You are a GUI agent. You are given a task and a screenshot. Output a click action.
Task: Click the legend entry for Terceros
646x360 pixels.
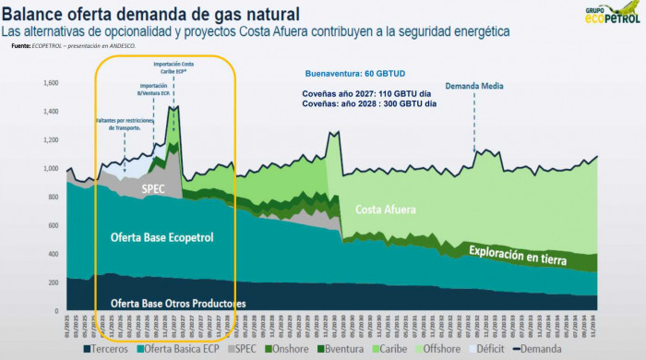107,348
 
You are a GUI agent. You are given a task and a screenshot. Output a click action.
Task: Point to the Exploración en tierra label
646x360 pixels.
522,251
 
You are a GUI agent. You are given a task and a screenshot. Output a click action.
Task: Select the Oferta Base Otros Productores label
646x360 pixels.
178,303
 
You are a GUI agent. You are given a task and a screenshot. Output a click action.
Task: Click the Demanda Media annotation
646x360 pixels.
474,86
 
